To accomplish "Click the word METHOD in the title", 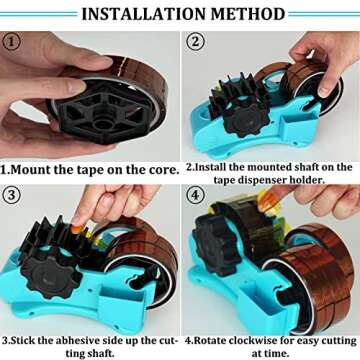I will (x=248, y=14).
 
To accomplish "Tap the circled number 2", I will (x=196, y=42).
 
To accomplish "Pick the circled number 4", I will (x=196, y=197).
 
